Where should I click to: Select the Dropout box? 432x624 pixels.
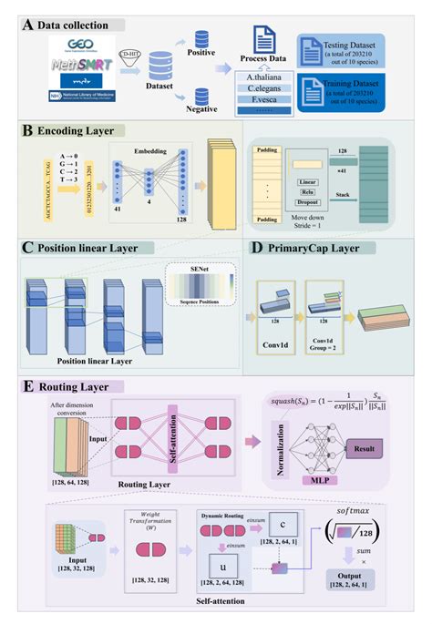click(x=306, y=204)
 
